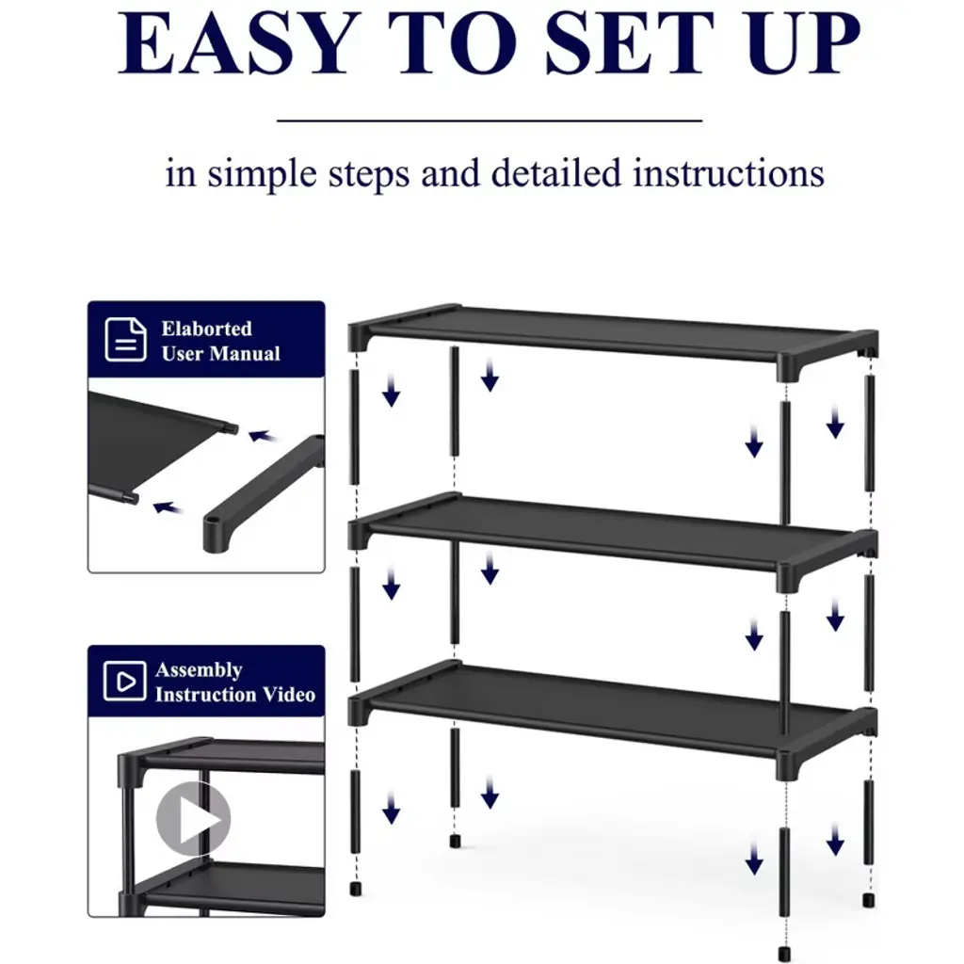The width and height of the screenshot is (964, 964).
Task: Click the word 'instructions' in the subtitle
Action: pos(729,173)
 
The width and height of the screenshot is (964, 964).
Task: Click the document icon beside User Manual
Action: pos(125,339)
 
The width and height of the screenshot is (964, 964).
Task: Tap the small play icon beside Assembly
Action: pos(125,682)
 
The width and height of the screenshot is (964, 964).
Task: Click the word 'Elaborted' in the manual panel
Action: pos(206,329)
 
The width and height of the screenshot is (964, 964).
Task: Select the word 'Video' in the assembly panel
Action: pos(289,694)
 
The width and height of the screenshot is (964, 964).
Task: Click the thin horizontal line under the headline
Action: pos(490,120)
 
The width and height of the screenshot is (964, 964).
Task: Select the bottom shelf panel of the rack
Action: pos(612,707)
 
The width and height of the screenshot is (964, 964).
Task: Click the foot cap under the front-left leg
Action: pos(355,889)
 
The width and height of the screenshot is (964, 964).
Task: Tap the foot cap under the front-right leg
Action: pos(784,954)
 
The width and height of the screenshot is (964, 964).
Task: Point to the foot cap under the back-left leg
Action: pos(455,841)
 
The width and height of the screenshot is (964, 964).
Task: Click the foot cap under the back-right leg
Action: pos(868,901)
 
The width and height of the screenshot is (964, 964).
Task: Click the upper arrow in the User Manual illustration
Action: pos(262,436)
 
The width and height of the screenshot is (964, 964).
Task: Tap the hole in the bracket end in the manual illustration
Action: pos(214,521)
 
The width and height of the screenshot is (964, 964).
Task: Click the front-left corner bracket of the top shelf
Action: pos(359,335)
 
